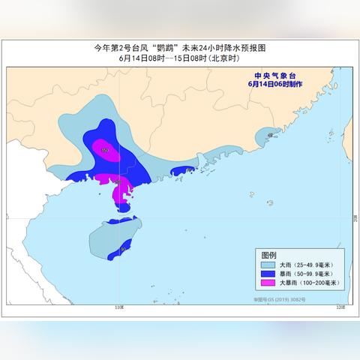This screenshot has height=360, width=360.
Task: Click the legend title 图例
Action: (x=268, y=255)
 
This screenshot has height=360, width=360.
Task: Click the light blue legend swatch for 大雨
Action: (x=268, y=265)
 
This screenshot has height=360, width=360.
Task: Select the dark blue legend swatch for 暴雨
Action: (x=268, y=274)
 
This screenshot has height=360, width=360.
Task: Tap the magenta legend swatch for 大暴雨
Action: (x=268, y=283)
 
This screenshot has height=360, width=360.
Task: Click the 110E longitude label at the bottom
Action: (x=118, y=307)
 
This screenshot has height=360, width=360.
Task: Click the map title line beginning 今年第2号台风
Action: (x=180, y=48)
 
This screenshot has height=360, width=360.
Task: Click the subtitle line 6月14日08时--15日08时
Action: (x=180, y=58)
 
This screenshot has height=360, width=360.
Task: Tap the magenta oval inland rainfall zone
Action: (x=104, y=149)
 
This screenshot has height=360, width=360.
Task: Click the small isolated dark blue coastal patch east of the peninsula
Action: (x=181, y=172)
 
